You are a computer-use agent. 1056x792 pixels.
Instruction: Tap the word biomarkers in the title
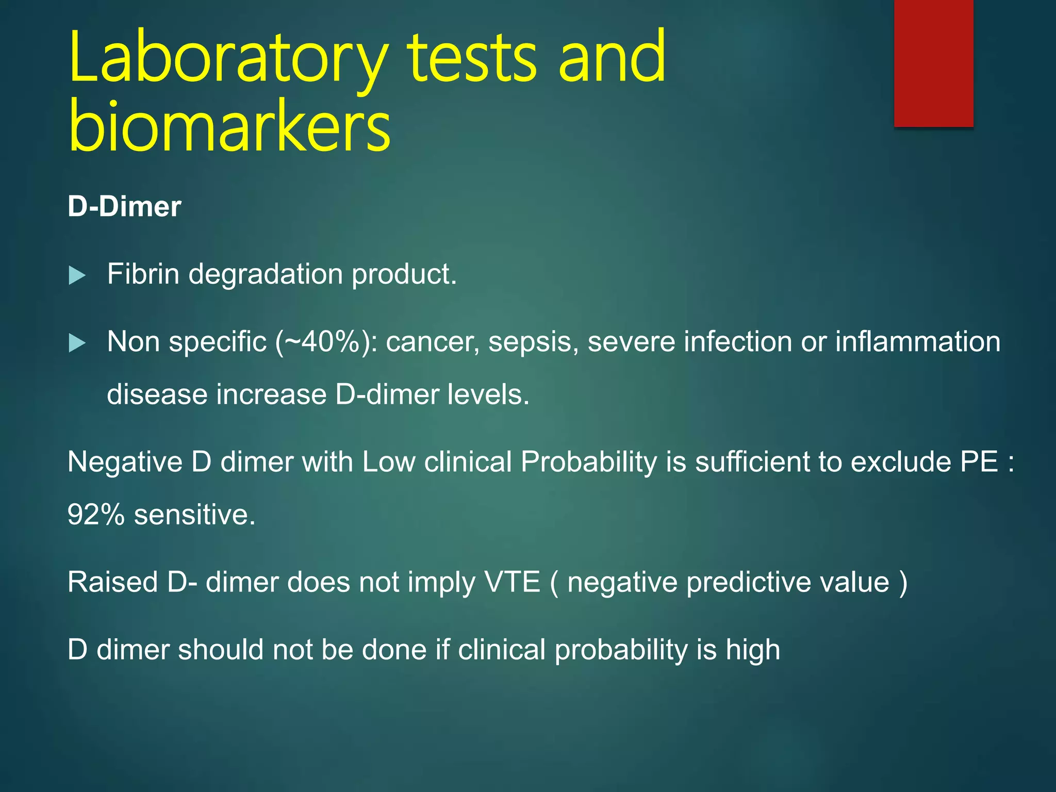pos(229,126)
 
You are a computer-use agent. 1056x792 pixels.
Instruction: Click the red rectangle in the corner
pos(933,63)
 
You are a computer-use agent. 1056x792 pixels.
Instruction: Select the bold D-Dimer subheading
pos(124,207)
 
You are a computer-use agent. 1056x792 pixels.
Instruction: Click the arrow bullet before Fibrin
pos(77,275)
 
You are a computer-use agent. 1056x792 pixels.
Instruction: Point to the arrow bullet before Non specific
pos(77,343)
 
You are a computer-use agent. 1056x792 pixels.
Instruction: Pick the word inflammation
pos(918,342)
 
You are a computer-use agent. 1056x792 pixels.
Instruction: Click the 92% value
pos(96,515)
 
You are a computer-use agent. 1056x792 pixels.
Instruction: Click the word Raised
pos(113,582)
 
